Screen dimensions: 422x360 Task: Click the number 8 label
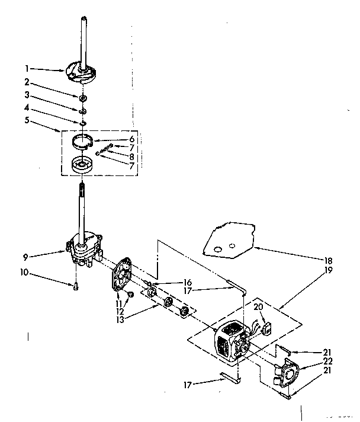pyautogui.click(x=131, y=157)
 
